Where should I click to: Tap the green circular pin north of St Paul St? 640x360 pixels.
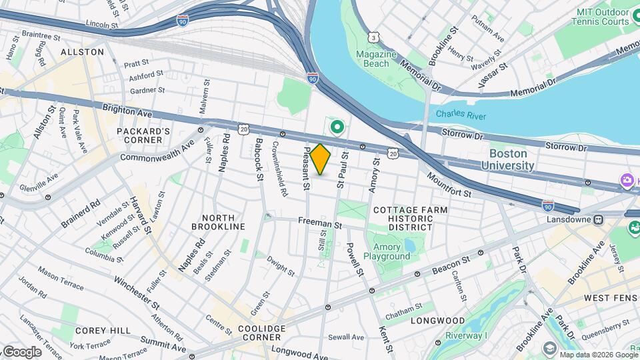click(x=337, y=125)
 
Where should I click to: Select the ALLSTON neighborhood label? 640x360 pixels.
click(x=82, y=51)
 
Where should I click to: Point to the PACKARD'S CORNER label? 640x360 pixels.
click(x=143, y=135)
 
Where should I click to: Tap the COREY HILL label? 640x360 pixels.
click(x=97, y=330)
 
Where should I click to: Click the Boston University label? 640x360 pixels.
click(x=508, y=159)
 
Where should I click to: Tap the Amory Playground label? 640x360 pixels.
click(x=387, y=252)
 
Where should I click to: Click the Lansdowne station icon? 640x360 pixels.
click(x=599, y=219)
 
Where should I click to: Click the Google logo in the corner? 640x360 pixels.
click(x=22, y=351)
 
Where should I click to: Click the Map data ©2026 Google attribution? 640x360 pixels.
click(x=597, y=355)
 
